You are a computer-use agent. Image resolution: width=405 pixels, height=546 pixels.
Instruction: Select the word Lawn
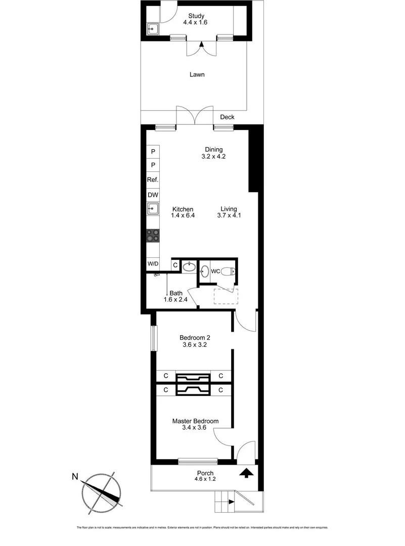click(197, 74)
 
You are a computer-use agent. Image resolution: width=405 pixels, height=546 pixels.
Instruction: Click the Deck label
click(227, 117)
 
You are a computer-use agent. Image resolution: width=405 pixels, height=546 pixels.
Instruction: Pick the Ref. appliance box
click(153, 180)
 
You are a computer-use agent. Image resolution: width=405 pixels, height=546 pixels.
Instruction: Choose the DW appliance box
click(153, 195)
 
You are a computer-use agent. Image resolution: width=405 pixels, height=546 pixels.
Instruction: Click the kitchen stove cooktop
click(153, 235)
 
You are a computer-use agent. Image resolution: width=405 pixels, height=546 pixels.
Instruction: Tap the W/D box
click(153, 264)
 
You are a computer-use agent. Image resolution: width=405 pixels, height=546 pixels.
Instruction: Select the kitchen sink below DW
click(153, 208)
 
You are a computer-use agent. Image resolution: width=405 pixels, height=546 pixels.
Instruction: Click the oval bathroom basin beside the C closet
click(189, 266)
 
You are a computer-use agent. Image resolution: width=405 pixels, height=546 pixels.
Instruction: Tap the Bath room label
click(176, 293)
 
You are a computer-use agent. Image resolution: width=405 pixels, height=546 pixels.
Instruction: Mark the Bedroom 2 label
click(195, 338)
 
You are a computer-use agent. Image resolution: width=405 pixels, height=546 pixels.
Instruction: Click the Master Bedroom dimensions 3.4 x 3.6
click(195, 428)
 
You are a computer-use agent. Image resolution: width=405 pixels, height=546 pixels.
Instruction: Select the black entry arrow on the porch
click(246, 473)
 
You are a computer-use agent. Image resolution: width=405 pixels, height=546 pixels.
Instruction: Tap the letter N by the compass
click(75, 476)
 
